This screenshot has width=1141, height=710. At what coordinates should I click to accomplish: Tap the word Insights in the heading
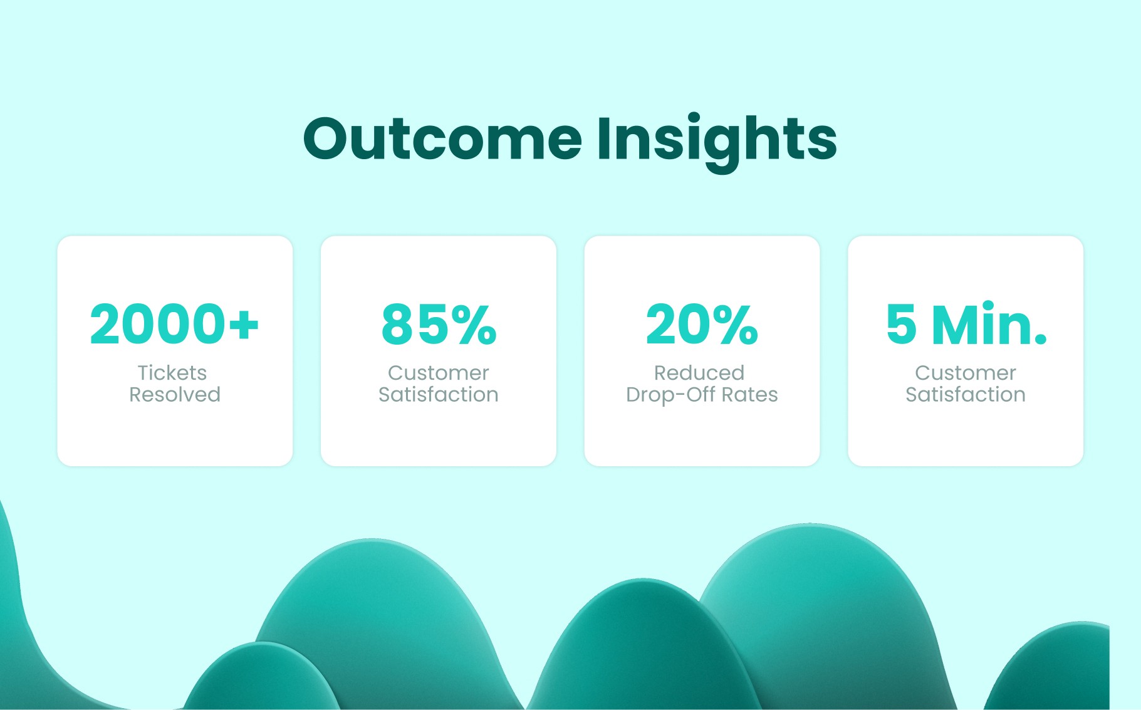click(x=717, y=142)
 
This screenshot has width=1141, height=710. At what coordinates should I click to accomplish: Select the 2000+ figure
click(x=174, y=324)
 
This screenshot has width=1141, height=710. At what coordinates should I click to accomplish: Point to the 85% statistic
click(x=439, y=324)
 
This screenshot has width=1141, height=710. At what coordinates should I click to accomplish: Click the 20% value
click(x=702, y=324)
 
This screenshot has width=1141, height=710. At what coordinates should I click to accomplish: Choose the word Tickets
click(x=172, y=373)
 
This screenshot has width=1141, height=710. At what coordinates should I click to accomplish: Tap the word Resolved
click(x=175, y=395)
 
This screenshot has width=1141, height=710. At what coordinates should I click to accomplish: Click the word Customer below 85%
click(x=439, y=373)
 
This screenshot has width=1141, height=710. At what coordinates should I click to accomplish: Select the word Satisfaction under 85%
click(x=439, y=395)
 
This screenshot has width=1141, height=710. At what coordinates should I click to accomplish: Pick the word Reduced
click(x=699, y=373)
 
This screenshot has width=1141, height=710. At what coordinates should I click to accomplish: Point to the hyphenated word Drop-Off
click(x=671, y=395)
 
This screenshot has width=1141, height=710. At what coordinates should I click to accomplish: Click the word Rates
click(x=749, y=395)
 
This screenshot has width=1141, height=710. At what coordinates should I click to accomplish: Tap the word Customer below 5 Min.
click(x=966, y=373)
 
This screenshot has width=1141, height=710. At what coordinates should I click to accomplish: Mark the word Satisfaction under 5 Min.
click(x=966, y=395)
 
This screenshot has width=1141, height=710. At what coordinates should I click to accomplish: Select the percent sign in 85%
click(x=474, y=324)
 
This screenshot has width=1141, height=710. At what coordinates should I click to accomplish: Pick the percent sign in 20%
click(x=735, y=324)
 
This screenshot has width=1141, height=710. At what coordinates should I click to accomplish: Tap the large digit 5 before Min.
click(x=902, y=324)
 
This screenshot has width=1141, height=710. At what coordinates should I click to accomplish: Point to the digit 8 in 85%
click(x=397, y=324)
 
